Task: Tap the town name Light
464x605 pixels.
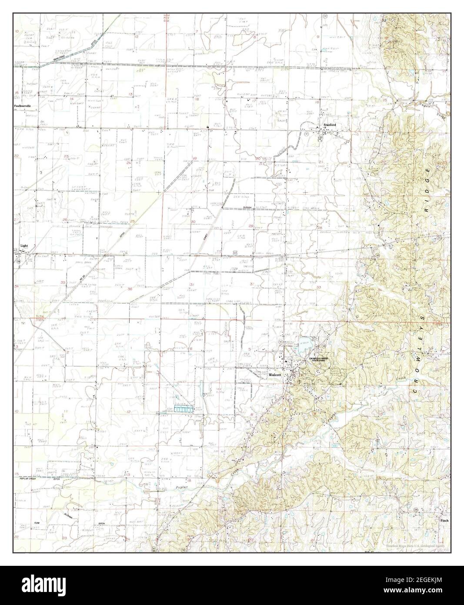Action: (x=24, y=246)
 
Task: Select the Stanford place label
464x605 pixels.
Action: (x=329, y=125)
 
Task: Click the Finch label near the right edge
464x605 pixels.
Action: (x=444, y=520)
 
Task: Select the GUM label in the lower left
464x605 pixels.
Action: (x=37, y=522)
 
